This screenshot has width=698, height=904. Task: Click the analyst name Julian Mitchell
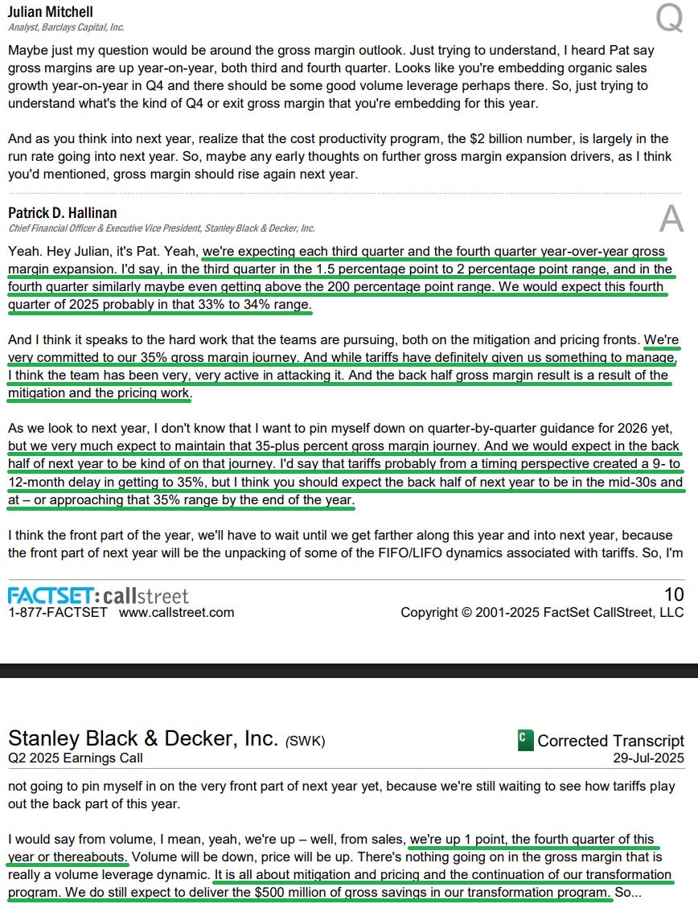(50, 11)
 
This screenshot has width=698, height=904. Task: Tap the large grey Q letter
(668, 18)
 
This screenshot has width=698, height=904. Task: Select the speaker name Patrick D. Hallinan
(62, 213)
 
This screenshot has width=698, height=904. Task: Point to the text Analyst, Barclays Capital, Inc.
(66, 27)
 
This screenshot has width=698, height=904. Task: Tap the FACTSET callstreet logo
(98, 596)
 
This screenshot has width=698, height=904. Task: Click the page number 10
(673, 594)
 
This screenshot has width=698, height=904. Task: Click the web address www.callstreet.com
(176, 612)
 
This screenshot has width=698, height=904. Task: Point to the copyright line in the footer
(542, 612)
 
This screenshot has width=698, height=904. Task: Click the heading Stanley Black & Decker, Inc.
(142, 738)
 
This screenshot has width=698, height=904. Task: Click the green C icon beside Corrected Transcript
(525, 740)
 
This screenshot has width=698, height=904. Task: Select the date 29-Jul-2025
(648, 758)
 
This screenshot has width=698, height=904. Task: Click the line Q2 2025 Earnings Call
(75, 758)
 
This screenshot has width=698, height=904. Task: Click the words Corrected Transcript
(610, 740)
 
